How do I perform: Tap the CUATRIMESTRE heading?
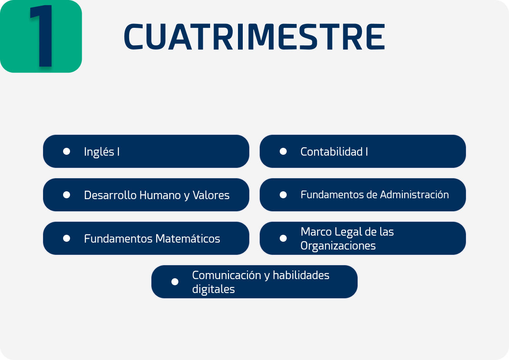click(x=254, y=37)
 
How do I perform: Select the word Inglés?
click(x=99, y=152)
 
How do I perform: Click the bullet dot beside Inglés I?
click(x=67, y=151)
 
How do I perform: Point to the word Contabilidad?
click(x=332, y=151)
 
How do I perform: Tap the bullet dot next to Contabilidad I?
click(x=283, y=151)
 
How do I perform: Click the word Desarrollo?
click(x=111, y=195)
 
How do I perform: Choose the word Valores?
click(x=211, y=195)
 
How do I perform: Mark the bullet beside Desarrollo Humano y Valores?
click(x=67, y=195)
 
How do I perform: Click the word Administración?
click(x=415, y=195)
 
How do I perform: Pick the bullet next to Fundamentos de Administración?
click(x=283, y=195)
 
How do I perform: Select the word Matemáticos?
click(x=188, y=238)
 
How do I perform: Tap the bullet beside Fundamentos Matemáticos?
click(x=67, y=238)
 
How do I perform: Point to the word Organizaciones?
click(x=338, y=246)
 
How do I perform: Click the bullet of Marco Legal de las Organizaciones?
click(x=283, y=238)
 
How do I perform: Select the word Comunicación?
click(x=227, y=275)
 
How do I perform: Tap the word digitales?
click(x=213, y=289)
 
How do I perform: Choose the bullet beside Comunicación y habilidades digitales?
click(x=174, y=282)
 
